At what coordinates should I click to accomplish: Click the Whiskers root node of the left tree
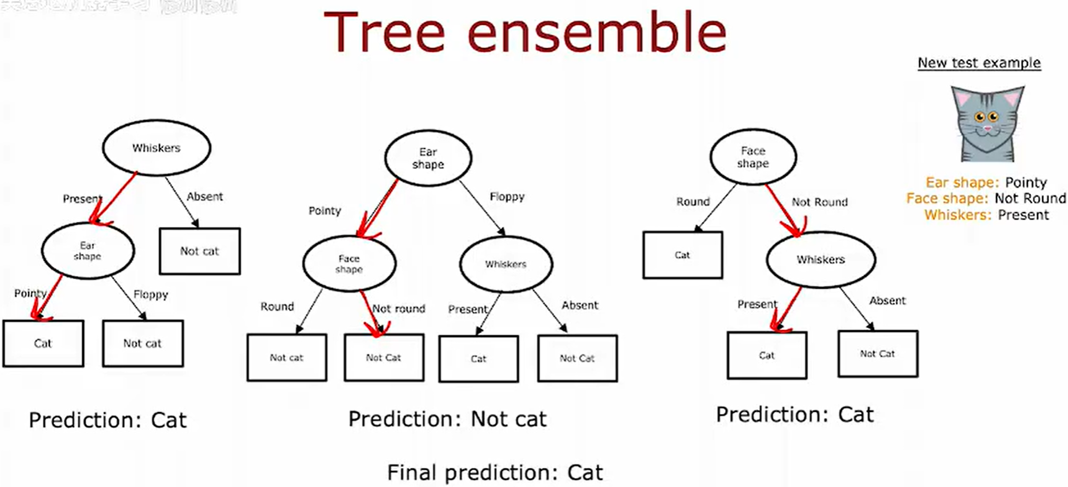(x=157, y=148)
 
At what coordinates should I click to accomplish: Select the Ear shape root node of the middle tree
(x=428, y=158)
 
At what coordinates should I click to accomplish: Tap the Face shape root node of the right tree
(x=753, y=157)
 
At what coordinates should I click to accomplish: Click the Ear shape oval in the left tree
(x=88, y=251)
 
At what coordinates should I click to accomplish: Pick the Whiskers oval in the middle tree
(x=506, y=264)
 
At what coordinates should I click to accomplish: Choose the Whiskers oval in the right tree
(x=820, y=259)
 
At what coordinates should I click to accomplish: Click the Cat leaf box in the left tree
(x=43, y=343)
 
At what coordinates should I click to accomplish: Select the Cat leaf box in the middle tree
(x=478, y=359)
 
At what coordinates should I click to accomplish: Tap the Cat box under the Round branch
(x=682, y=255)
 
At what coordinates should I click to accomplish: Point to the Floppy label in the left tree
(x=151, y=295)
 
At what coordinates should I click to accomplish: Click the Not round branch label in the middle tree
(x=399, y=309)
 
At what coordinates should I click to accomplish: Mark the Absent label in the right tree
(x=888, y=301)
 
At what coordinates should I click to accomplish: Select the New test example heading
(x=979, y=63)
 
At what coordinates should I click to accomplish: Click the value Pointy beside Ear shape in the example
(x=1026, y=182)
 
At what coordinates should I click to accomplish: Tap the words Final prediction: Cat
(x=495, y=473)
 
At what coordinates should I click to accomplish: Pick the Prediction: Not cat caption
(x=447, y=419)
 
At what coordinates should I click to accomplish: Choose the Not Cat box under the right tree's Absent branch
(x=878, y=354)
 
